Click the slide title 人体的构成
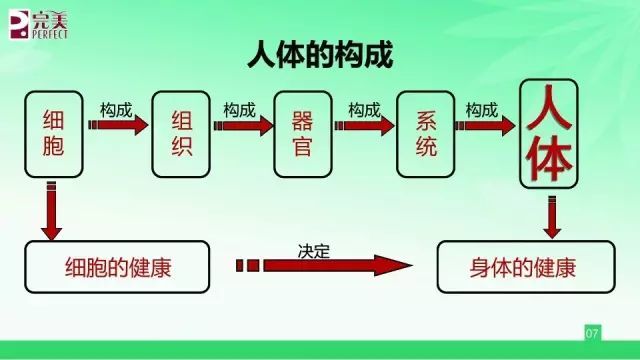coord(320,56)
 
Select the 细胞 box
coord(54,135)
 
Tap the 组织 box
coord(181,135)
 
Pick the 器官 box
coord(303,135)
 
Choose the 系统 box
coord(427,135)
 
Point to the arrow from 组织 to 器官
coord(243,126)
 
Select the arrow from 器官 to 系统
coord(365,126)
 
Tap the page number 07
coord(591,331)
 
